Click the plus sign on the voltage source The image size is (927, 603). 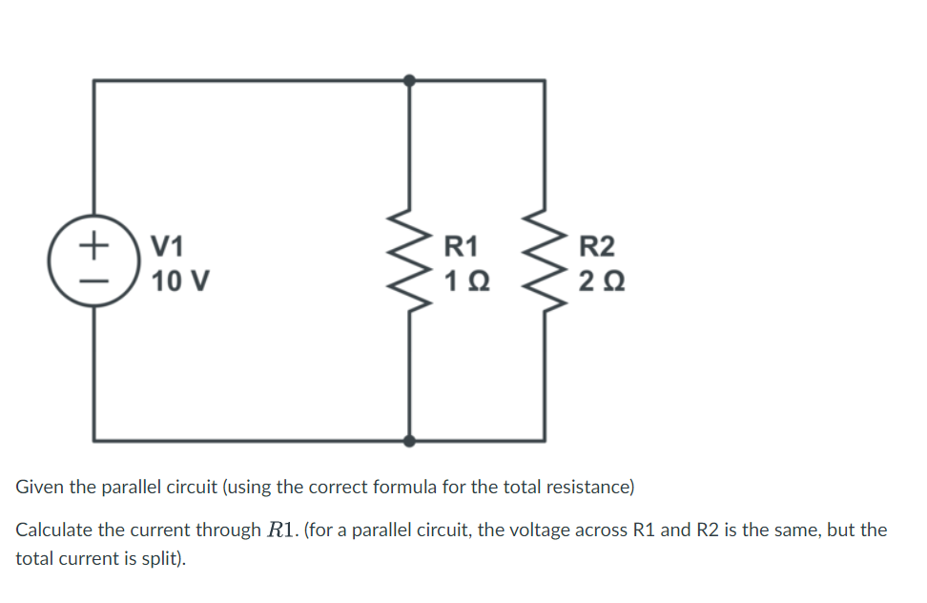[x=93, y=244]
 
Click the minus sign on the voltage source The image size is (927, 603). [x=93, y=281]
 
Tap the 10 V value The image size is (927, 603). [x=181, y=281]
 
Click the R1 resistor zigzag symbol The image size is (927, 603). [x=410, y=264]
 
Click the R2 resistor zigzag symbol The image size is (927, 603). [x=545, y=264]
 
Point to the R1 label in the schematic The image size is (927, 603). [x=463, y=246]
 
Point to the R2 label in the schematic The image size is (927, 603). [x=597, y=246]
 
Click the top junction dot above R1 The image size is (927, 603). [x=410, y=81]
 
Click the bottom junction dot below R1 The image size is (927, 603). [x=410, y=441]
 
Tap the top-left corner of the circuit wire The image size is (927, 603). [x=93, y=81]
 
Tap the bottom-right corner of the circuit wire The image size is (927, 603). [x=545, y=441]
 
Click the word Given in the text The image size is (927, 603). [x=40, y=487]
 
